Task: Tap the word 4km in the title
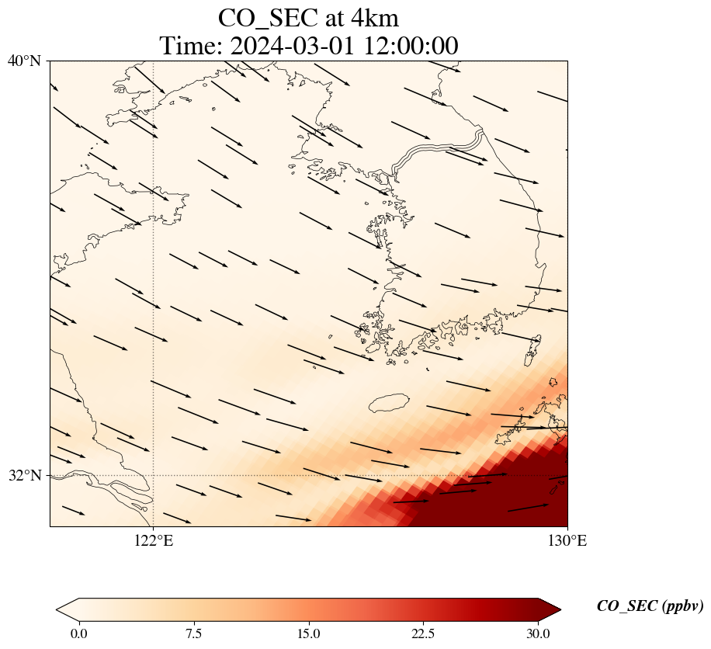coord(372,17)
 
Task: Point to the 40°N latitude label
coord(24,61)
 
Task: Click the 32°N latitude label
coord(24,475)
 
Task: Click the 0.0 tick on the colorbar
coord(78,633)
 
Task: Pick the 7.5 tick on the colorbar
coord(193,633)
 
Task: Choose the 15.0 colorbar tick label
coord(308,633)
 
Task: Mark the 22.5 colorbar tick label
coord(423,633)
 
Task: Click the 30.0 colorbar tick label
coord(538,633)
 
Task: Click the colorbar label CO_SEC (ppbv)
coord(650,607)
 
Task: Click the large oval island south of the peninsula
coord(388,403)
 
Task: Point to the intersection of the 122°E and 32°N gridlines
coord(154,475)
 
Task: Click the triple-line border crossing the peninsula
coord(439,151)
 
